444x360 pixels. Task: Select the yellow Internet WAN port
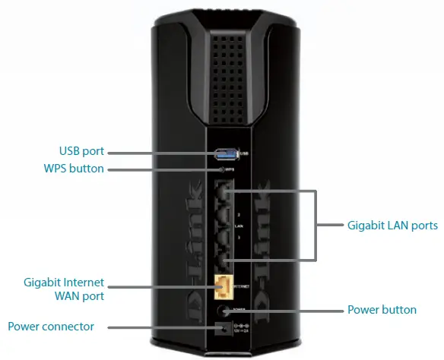[224, 286]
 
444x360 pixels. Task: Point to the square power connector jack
[224, 327]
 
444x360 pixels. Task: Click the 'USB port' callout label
[81, 151]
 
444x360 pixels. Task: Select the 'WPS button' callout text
[75, 169]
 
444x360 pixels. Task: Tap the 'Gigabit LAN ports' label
[392, 226]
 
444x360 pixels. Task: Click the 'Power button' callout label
[382, 310]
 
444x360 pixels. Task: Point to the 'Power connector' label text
[51, 327]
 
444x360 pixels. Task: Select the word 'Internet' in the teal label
[84, 283]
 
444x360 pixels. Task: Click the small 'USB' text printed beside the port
[244, 154]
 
